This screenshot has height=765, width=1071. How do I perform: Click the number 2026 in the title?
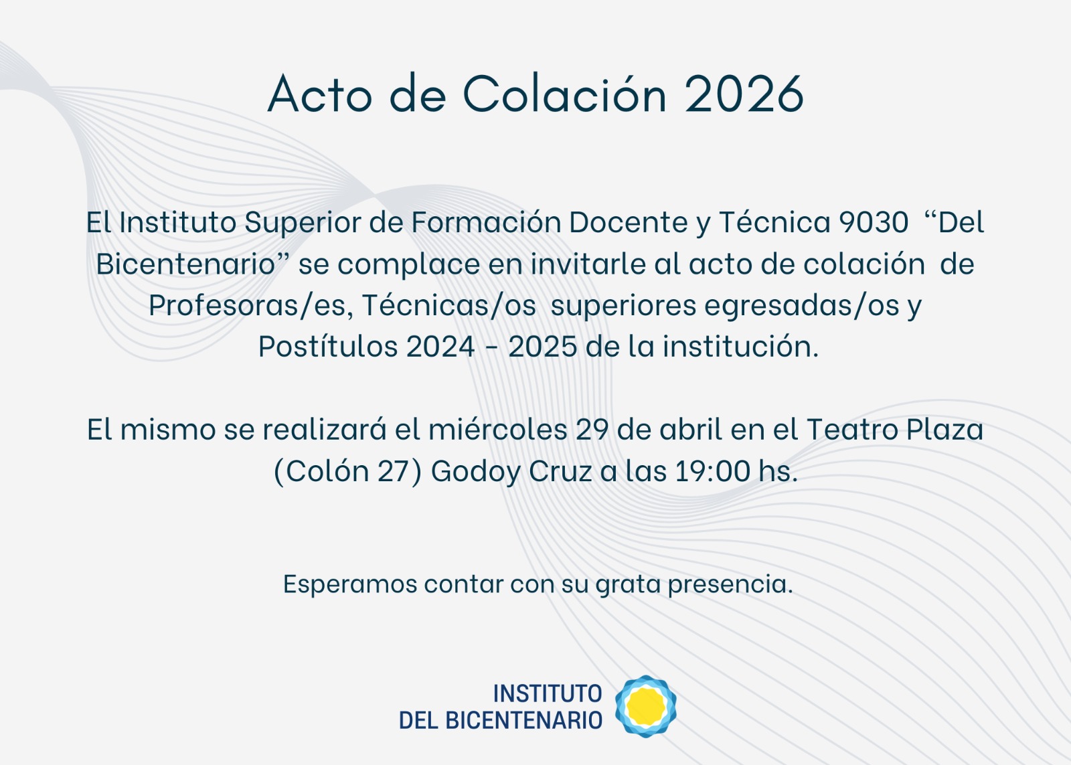tap(744, 94)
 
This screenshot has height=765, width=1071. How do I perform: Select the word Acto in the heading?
tap(320, 94)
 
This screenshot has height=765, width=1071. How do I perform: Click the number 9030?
tap(874, 222)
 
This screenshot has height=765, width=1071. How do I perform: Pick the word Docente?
tap(629, 222)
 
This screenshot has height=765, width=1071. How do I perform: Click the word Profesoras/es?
tap(247, 305)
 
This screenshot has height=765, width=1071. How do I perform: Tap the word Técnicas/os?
tap(449, 305)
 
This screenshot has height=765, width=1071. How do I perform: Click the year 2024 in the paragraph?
tap(440, 347)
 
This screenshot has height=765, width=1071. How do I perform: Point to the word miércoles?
tap(497, 429)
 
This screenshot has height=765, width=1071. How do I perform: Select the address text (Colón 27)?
tap(347, 471)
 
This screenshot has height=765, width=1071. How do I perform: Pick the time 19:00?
tap(712, 471)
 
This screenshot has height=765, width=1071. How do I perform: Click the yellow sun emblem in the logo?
tap(646, 705)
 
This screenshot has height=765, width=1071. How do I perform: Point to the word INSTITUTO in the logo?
tap(548, 694)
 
